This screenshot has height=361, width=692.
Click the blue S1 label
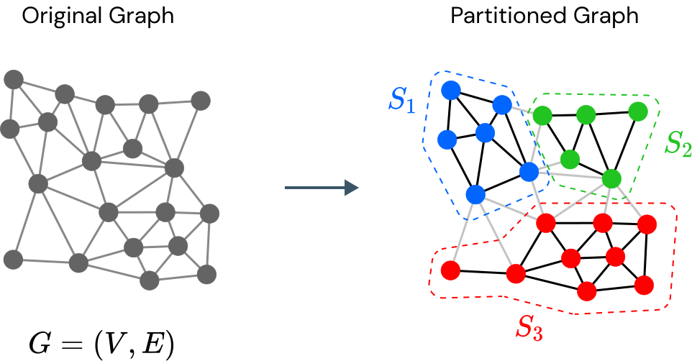(402, 101)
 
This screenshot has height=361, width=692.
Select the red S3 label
(529, 328)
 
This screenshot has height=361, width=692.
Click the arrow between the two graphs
(322, 188)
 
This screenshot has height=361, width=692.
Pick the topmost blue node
(451, 90)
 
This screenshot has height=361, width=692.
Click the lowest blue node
(475, 194)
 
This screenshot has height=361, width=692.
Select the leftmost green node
(542, 115)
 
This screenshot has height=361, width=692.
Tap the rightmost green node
(638, 111)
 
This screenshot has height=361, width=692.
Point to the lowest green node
(611, 178)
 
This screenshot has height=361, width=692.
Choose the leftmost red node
(450, 270)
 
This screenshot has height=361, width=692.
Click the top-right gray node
(201, 100)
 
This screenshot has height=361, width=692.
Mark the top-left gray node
(14, 79)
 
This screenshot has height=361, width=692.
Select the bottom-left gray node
(13, 259)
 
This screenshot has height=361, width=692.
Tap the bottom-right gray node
(206, 274)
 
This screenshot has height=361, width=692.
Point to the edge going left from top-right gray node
(175, 102)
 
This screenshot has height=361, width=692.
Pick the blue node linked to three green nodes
(529, 172)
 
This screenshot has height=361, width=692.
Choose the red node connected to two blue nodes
(546, 223)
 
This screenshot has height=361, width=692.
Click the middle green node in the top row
(586, 114)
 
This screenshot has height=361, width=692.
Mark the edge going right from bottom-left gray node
(45, 261)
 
